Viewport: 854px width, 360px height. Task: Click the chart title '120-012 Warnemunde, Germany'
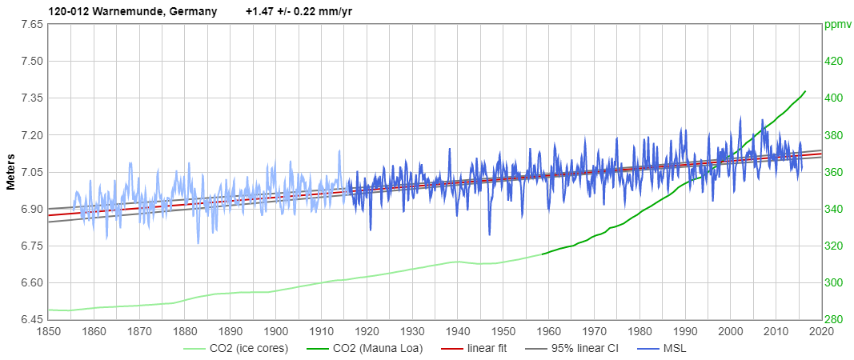click(x=121, y=11)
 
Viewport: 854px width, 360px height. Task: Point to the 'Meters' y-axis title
click(x=11, y=170)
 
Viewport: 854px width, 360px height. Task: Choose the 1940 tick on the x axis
click(x=458, y=331)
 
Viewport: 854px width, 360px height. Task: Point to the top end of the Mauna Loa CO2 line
click(x=804, y=91)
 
